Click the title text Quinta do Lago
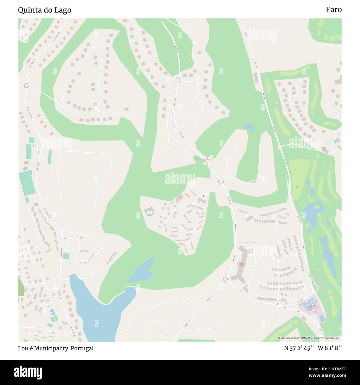click(45, 10)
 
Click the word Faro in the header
click(333, 10)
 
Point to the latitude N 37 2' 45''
click(299, 348)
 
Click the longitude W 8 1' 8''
click(330, 348)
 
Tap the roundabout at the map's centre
click(220, 181)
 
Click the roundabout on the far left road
click(27, 86)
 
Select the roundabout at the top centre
click(178, 80)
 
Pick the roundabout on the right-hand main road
click(279, 147)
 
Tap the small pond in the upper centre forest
click(249, 127)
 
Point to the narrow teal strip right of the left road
click(50, 157)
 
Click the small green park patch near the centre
click(196, 159)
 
